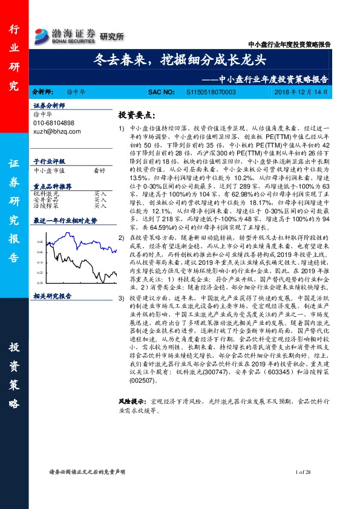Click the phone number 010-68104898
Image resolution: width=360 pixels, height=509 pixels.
(x=54, y=123)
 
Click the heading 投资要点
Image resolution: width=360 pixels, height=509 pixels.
(x=136, y=114)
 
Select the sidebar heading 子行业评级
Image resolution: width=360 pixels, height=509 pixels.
(x=48, y=161)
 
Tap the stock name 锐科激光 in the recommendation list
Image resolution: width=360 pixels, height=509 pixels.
(x=46, y=192)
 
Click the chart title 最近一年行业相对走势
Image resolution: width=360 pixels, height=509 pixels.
(x=64, y=221)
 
